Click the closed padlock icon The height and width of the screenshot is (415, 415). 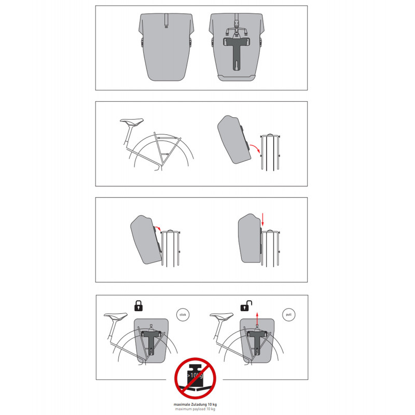click(x=139, y=306)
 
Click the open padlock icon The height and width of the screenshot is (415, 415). click(x=246, y=306)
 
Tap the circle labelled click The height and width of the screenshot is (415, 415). click(x=183, y=315)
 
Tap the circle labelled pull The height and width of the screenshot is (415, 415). click(x=288, y=315)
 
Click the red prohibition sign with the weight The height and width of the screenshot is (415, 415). click(x=195, y=378)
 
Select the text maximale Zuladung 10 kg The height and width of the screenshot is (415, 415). click(x=195, y=405)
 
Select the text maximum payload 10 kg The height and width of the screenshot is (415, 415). click(x=195, y=409)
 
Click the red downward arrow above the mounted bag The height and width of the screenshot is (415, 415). click(x=262, y=219)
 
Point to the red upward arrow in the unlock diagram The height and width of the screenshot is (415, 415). click(x=257, y=319)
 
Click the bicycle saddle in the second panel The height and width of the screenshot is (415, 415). click(x=132, y=121)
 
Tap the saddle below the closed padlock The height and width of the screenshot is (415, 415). click(x=116, y=315)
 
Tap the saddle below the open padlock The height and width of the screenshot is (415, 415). click(x=222, y=315)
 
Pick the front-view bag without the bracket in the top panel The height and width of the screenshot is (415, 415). click(x=166, y=47)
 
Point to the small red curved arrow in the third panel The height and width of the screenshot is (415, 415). click(x=158, y=228)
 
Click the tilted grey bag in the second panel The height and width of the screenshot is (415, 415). click(x=234, y=139)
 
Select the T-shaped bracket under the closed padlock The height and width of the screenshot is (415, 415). click(x=151, y=342)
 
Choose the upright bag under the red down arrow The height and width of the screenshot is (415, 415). click(x=250, y=238)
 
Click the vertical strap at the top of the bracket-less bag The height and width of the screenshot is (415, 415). click(x=166, y=21)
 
